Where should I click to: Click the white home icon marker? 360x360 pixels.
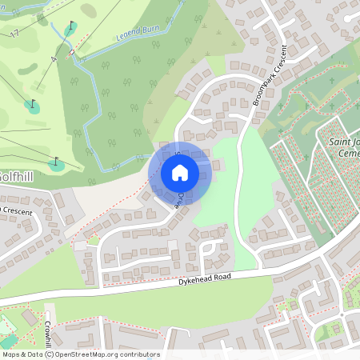(x=179, y=172)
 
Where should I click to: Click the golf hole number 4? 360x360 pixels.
(x=54, y=60)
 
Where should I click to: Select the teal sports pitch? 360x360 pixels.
(x=6, y=326)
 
